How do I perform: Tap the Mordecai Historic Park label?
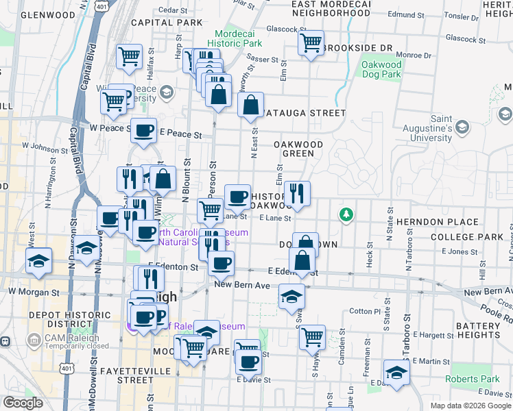[x=238, y=38]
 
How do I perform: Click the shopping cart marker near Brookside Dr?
[x=311, y=43]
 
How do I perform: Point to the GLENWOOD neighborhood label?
[x=48, y=15]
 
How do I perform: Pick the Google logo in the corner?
[x=23, y=403]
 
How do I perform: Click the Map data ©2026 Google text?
[x=470, y=406]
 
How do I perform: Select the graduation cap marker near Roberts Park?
[x=396, y=372]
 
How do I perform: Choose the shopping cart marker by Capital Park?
[x=129, y=57]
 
